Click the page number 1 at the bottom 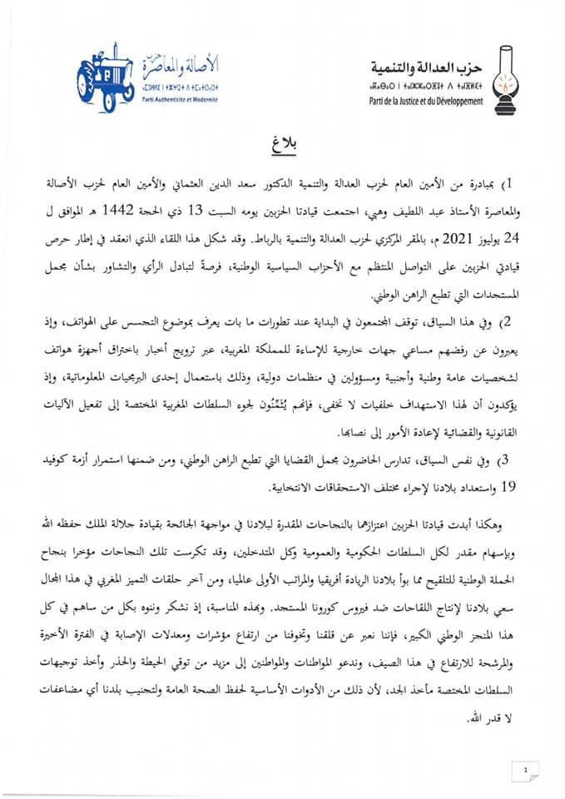[x=527, y=770]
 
